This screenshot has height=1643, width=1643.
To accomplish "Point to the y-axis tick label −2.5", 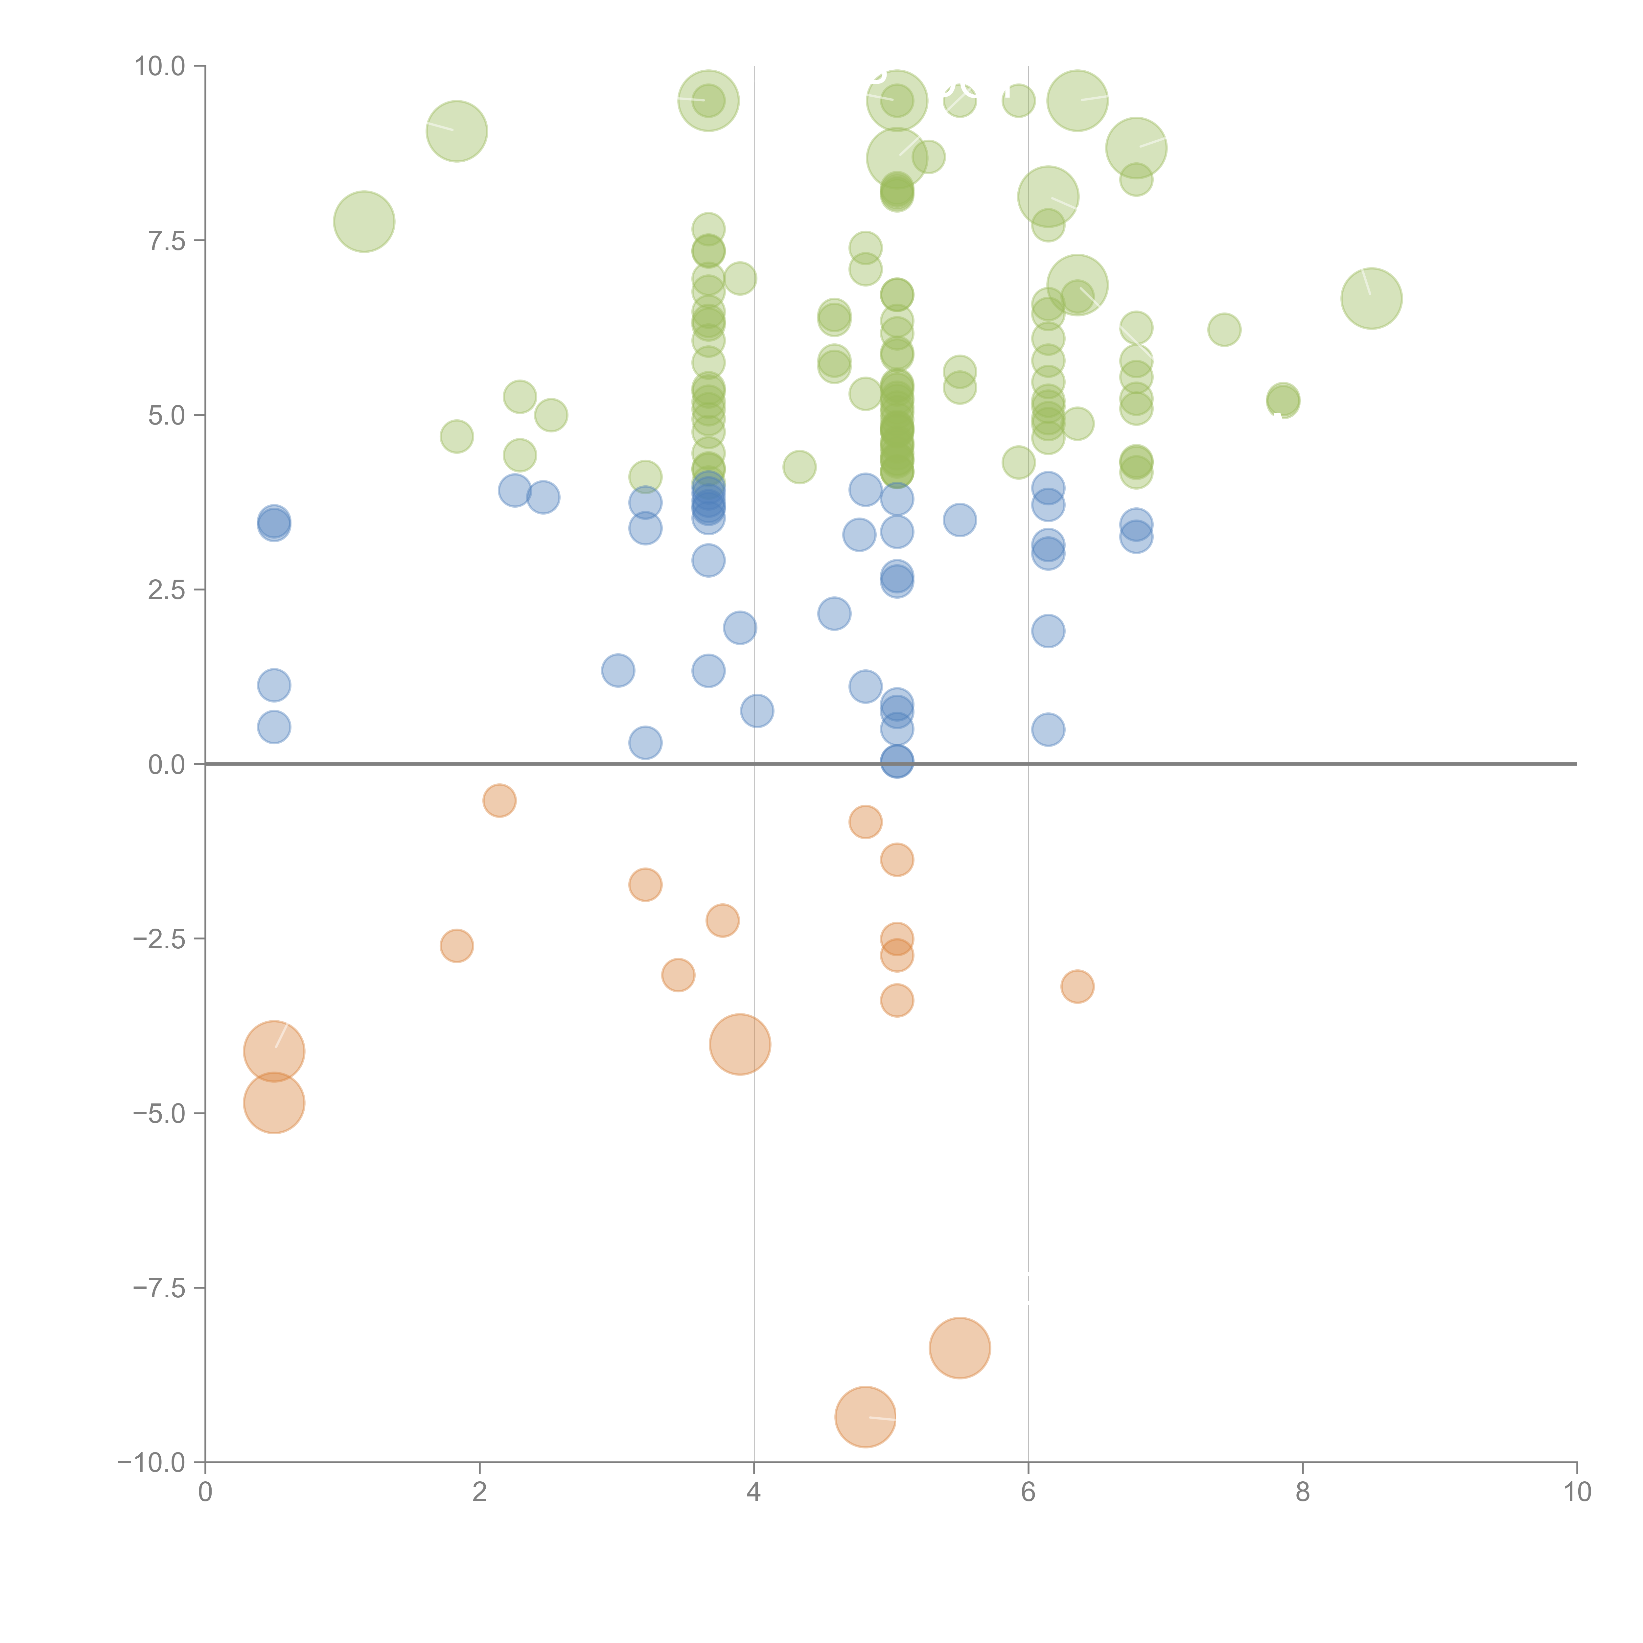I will [159, 939].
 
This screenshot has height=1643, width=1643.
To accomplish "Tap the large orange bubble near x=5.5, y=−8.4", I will [959, 1348].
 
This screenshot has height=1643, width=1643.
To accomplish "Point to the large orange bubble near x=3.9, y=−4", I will [740, 1044].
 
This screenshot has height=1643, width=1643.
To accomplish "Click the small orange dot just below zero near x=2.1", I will [499, 800].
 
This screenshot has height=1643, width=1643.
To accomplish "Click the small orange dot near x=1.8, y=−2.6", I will [457, 946].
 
